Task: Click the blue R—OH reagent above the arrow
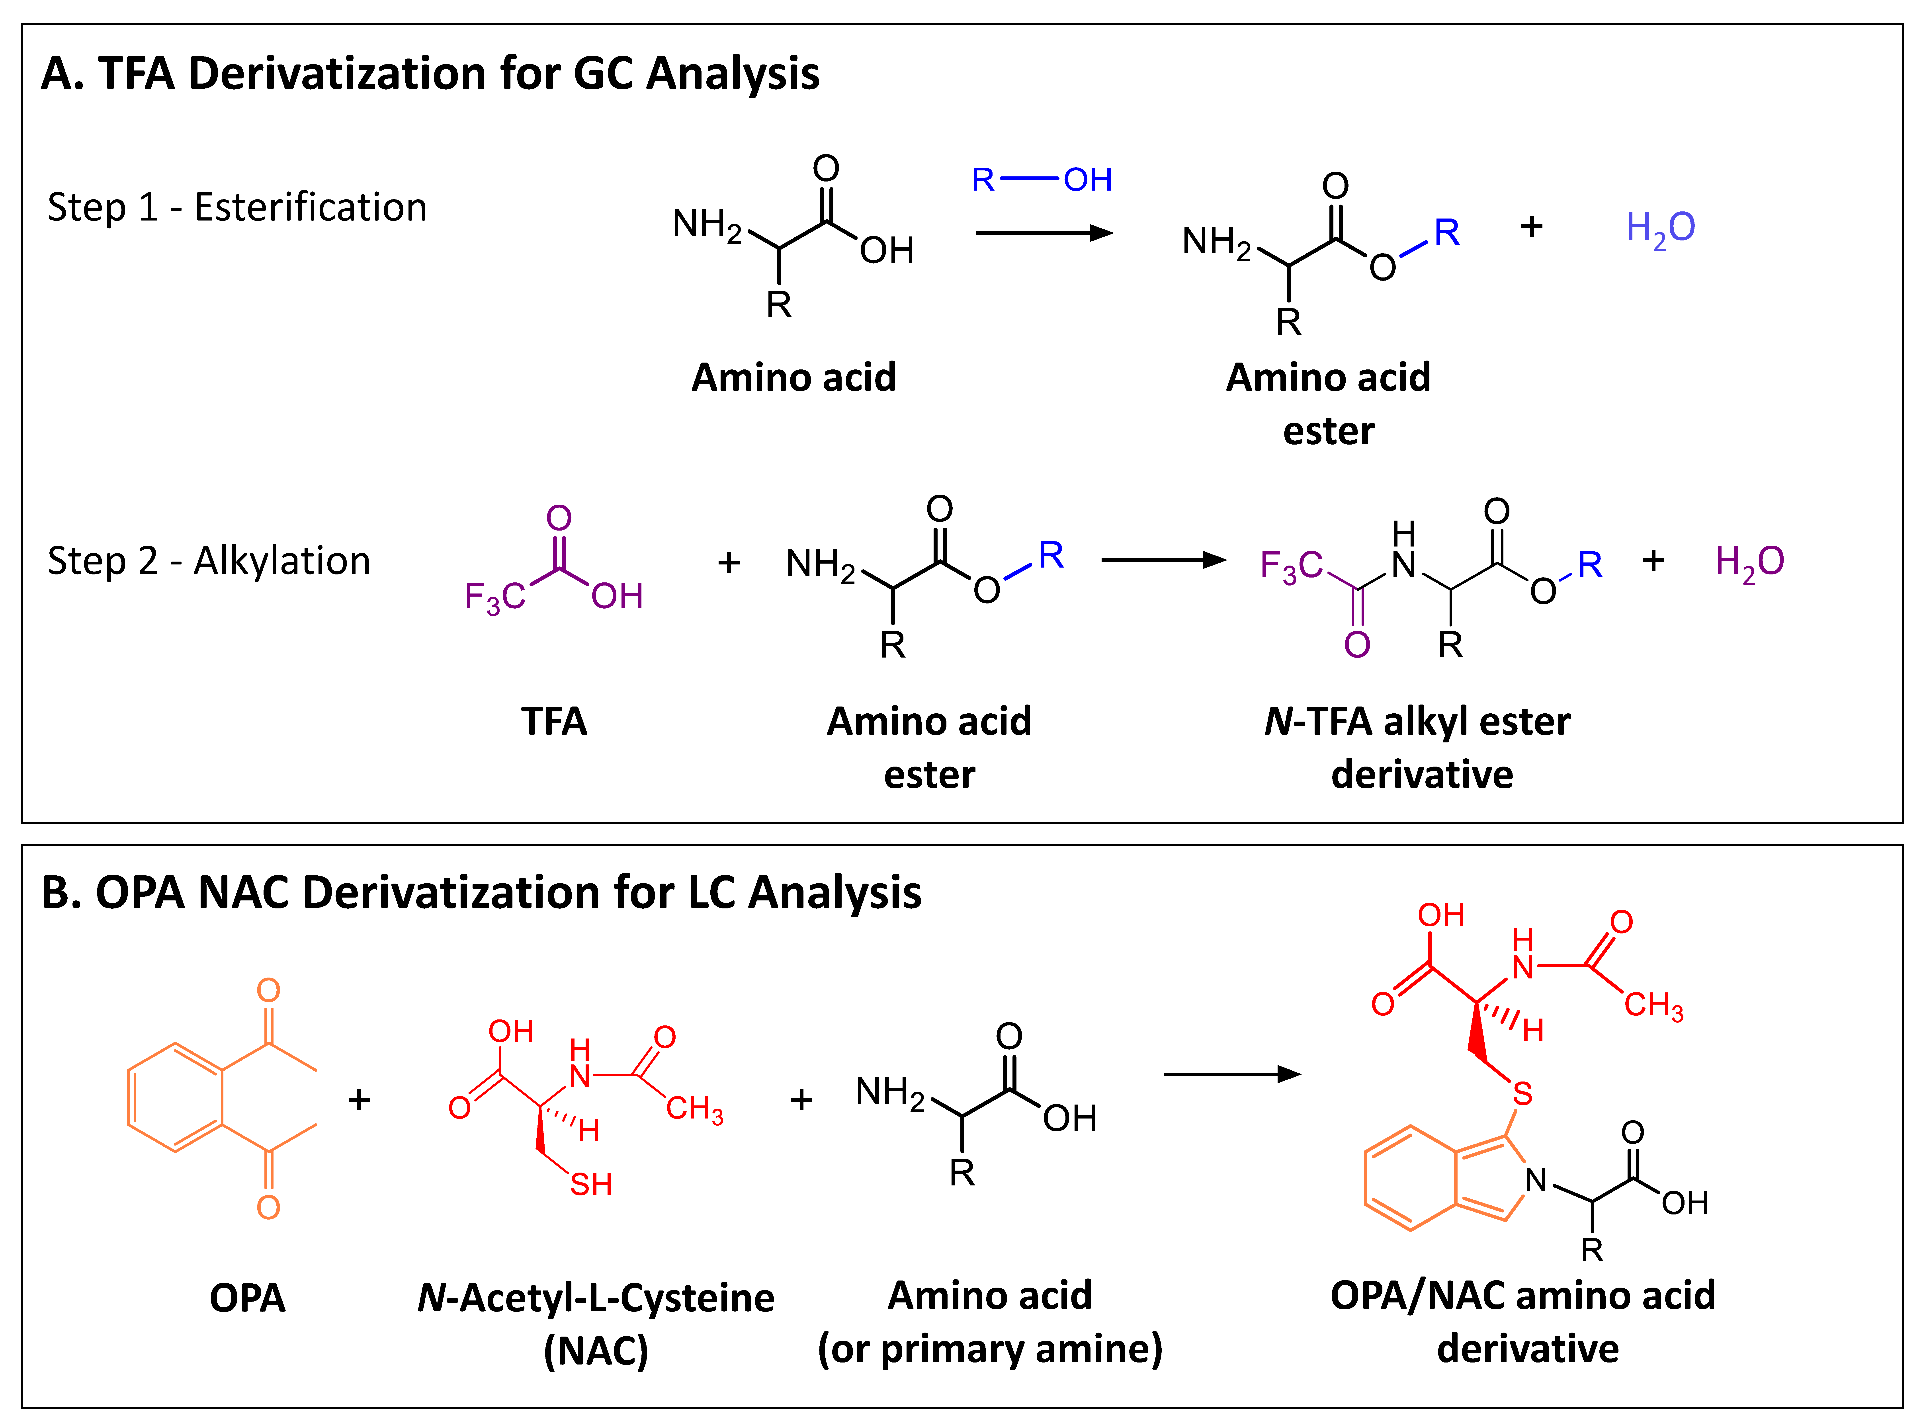[x=1041, y=180]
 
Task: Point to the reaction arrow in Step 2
[x=1163, y=561]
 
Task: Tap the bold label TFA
[x=554, y=721]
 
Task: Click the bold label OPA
[x=247, y=1298]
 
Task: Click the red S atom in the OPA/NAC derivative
[x=1522, y=1094]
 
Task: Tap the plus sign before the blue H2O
[x=1531, y=226]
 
